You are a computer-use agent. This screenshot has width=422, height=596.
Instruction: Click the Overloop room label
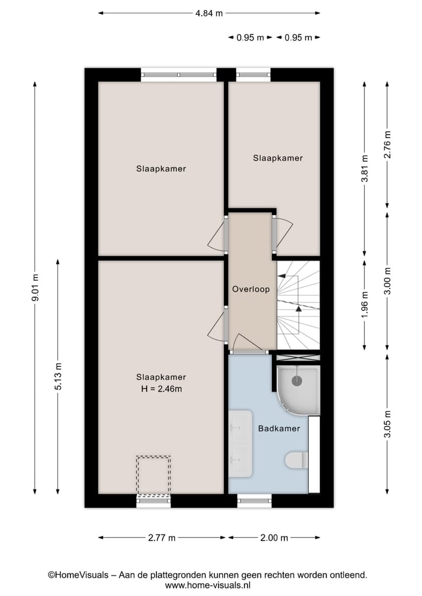[x=251, y=289]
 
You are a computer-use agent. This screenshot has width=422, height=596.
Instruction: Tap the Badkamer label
[x=279, y=428]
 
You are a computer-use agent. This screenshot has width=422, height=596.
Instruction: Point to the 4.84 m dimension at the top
[x=209, y=12]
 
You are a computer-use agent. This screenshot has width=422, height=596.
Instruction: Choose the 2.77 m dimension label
[x=161, y=537]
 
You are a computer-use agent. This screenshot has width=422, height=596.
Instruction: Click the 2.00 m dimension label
[x=274, y=537]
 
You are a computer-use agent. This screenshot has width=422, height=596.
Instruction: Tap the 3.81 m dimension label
[x=365, y=170]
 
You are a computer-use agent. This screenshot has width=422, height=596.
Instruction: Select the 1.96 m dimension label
[x=365, y=305]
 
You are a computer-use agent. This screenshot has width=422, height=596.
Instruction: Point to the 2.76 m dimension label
[x=387, y=144]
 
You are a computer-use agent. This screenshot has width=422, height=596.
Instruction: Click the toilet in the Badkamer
[x=296, y=461]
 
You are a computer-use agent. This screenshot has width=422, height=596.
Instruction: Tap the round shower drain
[x=297, y=381]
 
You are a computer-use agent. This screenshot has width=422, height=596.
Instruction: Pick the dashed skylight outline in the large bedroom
[x=154, y=475]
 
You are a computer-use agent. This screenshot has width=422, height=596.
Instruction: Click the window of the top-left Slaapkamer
[x=179, y=75]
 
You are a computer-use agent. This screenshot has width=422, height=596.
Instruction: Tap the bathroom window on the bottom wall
[x=255, y=500]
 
